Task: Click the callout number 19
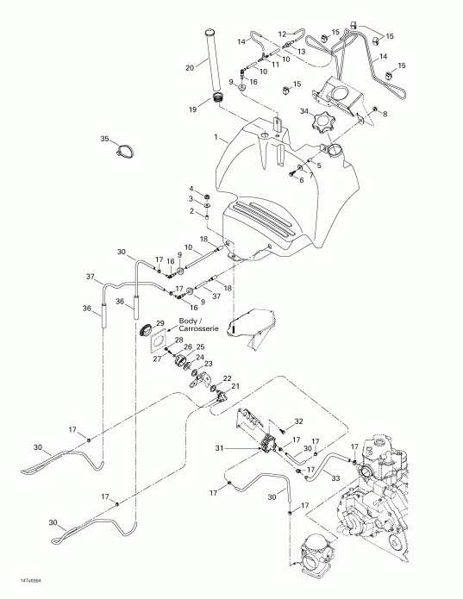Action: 192,109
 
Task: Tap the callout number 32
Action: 298,421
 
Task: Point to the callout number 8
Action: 385,114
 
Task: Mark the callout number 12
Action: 282,34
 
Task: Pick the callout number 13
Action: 302,52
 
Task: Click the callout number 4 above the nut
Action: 191,188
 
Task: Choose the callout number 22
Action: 228,378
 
